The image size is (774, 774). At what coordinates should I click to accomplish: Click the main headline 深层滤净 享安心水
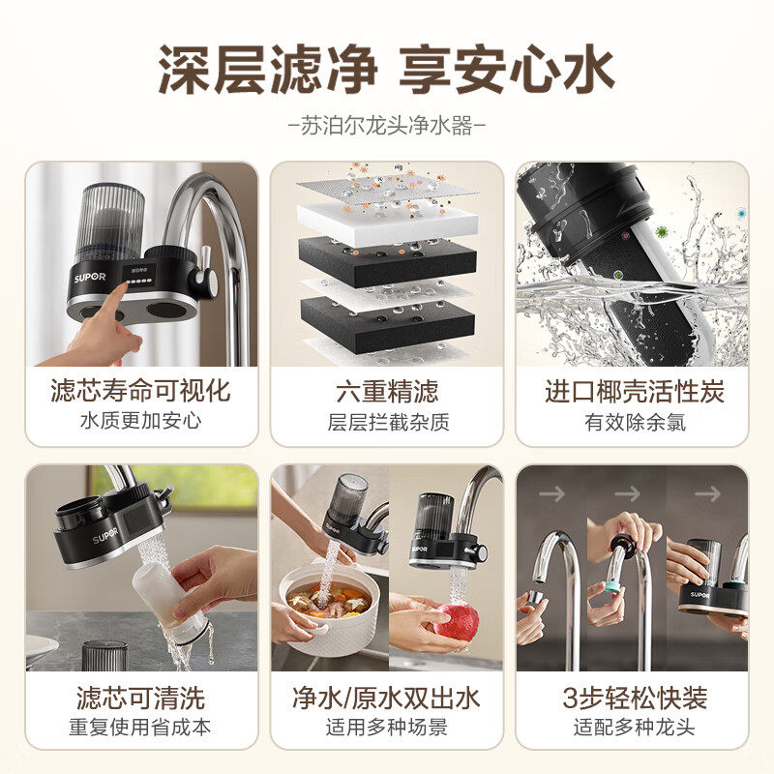click(x=386, y=69)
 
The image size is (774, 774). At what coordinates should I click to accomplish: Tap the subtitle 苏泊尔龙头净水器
click(x=386, y=126)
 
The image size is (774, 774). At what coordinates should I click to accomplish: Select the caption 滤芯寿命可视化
click(x=140, y=391)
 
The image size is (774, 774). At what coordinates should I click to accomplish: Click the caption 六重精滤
click(x=387, y=391)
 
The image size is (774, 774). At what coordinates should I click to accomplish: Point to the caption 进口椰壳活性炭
click(x=635, y=391)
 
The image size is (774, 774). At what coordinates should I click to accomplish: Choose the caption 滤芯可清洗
click(x=140, y=698)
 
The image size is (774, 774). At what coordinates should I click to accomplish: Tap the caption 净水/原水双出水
click(x=386, y=698)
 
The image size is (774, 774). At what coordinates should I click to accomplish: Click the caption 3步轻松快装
click(x=635, y=698)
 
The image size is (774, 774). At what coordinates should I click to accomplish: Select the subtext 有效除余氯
click(x=636, y=422)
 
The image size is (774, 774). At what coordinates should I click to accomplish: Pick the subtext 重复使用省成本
click(x=140, y=728)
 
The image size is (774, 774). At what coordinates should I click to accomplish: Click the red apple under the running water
click(x=456, y=623)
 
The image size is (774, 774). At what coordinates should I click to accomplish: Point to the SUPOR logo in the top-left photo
click(x=90, y=277)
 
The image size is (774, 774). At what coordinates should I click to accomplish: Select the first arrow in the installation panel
click(x=551, y=493)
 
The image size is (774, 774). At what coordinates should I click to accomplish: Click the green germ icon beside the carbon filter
click(x=662, y=231)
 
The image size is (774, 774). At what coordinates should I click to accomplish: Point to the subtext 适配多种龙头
click(x=635, y=728)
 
